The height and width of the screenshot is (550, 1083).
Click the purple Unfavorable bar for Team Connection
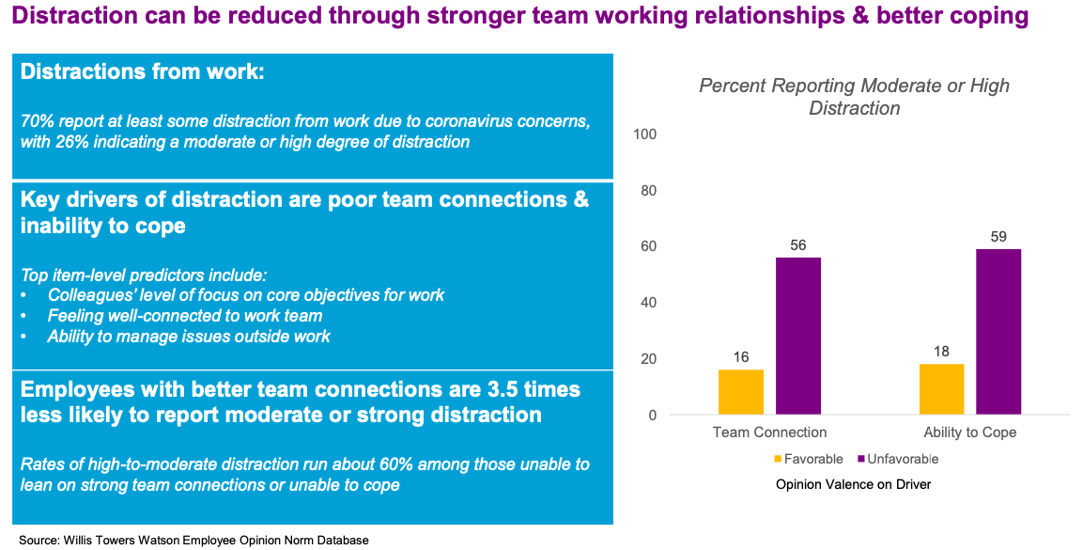point(798,336)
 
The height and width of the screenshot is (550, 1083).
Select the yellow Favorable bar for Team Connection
point(741,392)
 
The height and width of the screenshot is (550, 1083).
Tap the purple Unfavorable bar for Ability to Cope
point(998,331)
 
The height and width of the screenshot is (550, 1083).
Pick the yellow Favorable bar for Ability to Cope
point(941,389)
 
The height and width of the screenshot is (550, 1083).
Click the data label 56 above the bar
point(798,244)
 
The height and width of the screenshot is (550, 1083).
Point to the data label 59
point(998,236)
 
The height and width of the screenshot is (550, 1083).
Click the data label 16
point(741,356)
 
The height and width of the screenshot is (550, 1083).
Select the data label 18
point(941,351)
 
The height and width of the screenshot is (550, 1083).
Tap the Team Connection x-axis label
point(769,432)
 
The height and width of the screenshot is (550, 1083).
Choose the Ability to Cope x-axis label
point(968,432)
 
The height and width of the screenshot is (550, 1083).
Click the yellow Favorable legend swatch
point(779,460)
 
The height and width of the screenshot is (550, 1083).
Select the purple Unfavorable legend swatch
point(859,460)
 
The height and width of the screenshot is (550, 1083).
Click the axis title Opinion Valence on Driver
point(853,485)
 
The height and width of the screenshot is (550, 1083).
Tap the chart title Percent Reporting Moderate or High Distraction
point(854,97)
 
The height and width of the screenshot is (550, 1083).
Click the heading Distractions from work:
point(142,72)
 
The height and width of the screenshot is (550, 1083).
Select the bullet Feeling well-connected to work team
point(184,316)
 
